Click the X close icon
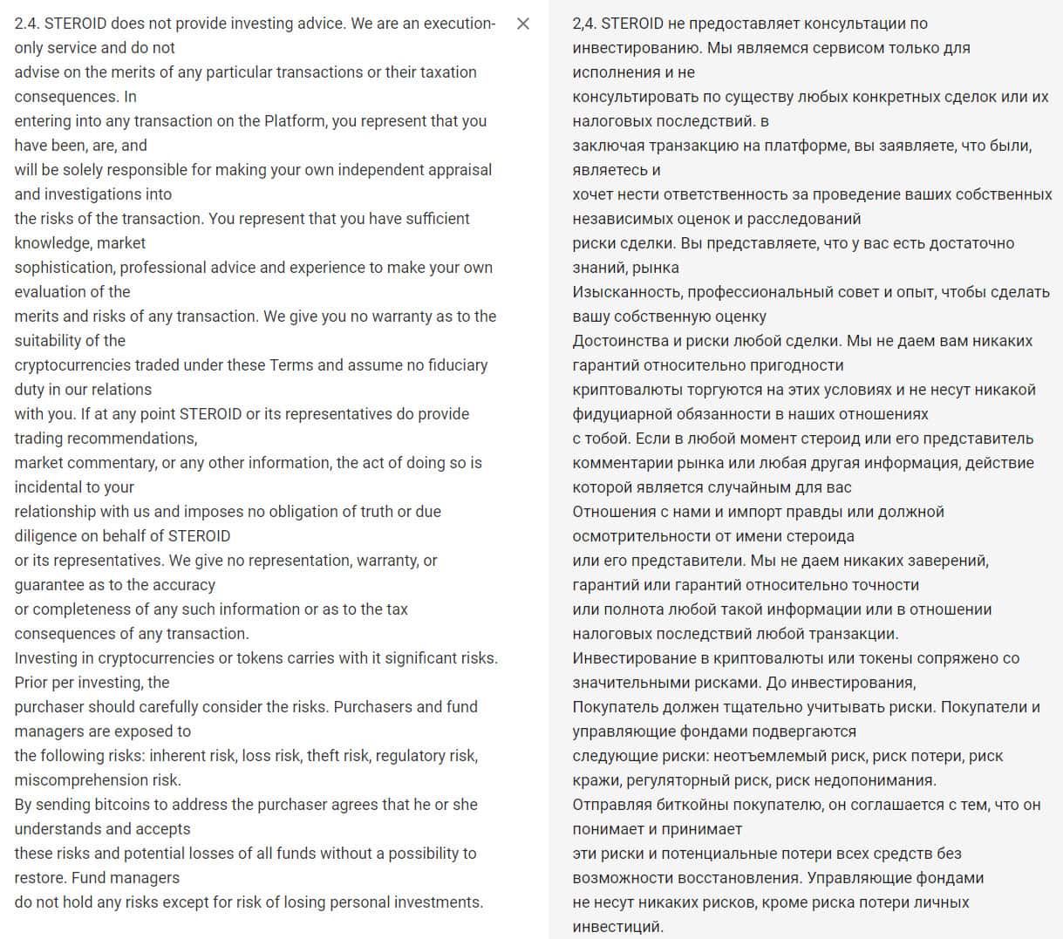tap(523, 24)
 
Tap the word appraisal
tap(460, 170)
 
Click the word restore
tap(39, 878)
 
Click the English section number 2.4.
tap(26, 24)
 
